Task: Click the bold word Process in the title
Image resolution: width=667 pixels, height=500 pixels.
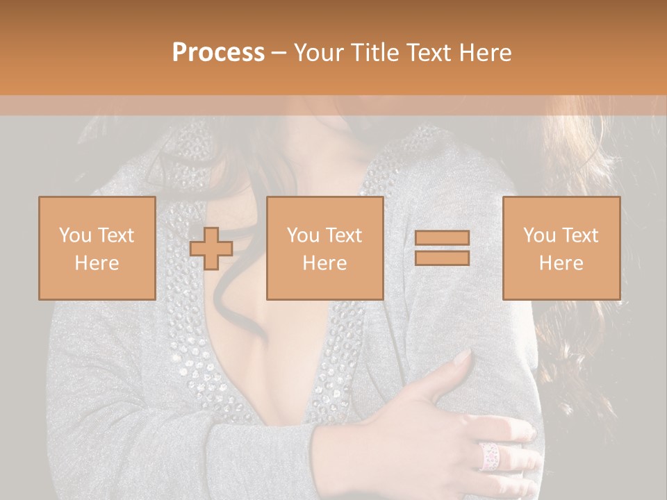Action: tap(218, 53)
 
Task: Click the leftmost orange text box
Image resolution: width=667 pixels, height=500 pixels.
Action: tap(97, 249)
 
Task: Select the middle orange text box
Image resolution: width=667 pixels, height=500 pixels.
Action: tap(324, 249)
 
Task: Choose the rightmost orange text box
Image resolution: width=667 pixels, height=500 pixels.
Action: tap(561, 249)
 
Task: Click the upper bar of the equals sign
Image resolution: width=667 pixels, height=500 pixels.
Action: tap(442, 237)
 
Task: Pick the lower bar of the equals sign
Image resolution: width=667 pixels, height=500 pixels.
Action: tap(442, 258)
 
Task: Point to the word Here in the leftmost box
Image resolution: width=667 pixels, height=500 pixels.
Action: tap(97, 263)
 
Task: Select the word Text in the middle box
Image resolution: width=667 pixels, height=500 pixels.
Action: tap(344, 235)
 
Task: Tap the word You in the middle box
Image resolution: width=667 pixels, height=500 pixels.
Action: tap(304, 235)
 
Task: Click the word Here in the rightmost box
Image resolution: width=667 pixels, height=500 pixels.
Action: tap(561, 263)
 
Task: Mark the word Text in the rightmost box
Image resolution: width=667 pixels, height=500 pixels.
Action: tap(580, 235)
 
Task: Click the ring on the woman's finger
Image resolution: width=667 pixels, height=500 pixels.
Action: tap(489, 456)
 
